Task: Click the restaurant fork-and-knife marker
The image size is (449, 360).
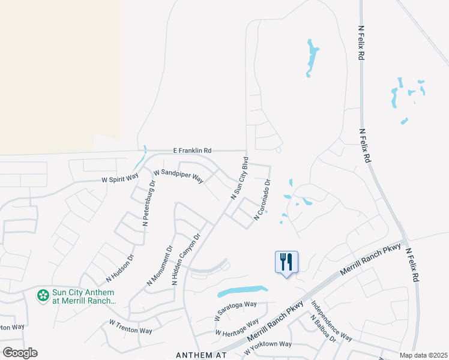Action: (x=286, y=262)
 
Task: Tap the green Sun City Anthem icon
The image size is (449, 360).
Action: (x=43, y=295)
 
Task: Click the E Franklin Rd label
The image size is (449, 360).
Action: (x=192, y=151)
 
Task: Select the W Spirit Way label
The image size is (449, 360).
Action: (x=119, y=178)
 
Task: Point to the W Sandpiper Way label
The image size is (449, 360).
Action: (x=179, y=176)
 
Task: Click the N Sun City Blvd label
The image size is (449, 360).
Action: (x=239, y=179)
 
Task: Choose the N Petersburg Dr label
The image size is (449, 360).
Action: (x=148, y=208)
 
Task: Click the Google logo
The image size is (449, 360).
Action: (x=20, y=353)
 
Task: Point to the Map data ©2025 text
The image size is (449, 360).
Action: (x=423, y=355)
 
